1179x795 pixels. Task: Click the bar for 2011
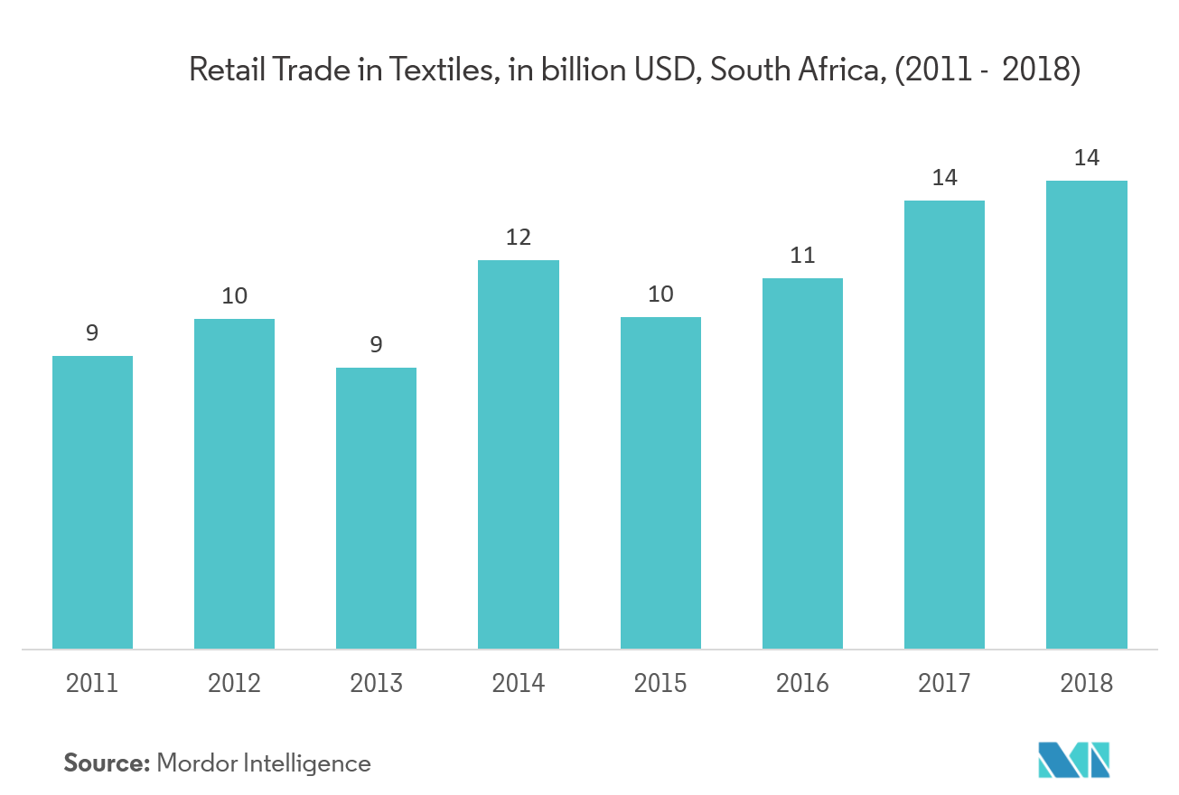point(92,501)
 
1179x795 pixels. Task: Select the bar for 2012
point(234,483)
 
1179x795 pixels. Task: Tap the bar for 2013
point(376,508)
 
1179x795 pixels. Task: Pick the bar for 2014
point(519,454)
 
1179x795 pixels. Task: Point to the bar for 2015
point(660,482)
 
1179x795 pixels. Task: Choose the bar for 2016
point(802,463)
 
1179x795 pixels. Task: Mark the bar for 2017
point(944,424)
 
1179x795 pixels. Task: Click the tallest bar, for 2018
point(1087,414)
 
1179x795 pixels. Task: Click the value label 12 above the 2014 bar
point(519,238)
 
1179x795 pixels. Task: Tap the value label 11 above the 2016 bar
point(802,257)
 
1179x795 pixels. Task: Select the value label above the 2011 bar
point(92,334)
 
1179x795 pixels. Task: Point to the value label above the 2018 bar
point(1087,159)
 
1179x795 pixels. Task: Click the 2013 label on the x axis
point(376,683)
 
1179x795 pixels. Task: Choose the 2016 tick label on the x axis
point(802,683)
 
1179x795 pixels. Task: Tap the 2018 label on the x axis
point(1087,683)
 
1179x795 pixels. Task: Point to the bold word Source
point(106,763)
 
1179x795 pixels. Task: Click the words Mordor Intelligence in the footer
point(264,763)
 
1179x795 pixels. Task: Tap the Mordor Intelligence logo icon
point(1073,760)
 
